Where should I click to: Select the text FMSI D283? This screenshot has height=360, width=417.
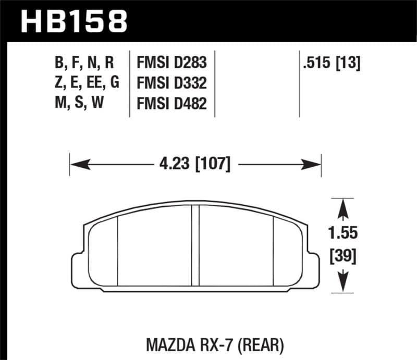(171, 64)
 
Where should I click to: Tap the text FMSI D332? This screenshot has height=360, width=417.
(171, 83)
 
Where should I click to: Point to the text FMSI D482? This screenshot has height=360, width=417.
(171, 104)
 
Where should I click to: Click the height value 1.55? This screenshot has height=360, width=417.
(343, 233)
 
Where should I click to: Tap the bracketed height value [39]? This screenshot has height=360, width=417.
(343, 256)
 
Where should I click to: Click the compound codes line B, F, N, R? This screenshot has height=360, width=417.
(83, 64)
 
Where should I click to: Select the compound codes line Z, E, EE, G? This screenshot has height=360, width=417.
(87, 83)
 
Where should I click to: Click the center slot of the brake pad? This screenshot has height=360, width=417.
(196, 245)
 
